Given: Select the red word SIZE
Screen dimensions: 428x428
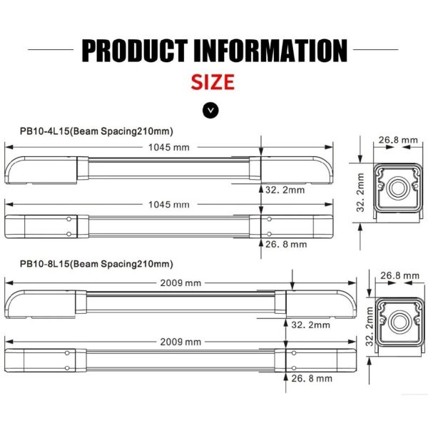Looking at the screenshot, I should [212, 81].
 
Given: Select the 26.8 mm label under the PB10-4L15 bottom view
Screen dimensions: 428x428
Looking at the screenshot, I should [285, 243].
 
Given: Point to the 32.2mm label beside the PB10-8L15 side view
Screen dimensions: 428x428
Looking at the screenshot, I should [311, 325].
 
